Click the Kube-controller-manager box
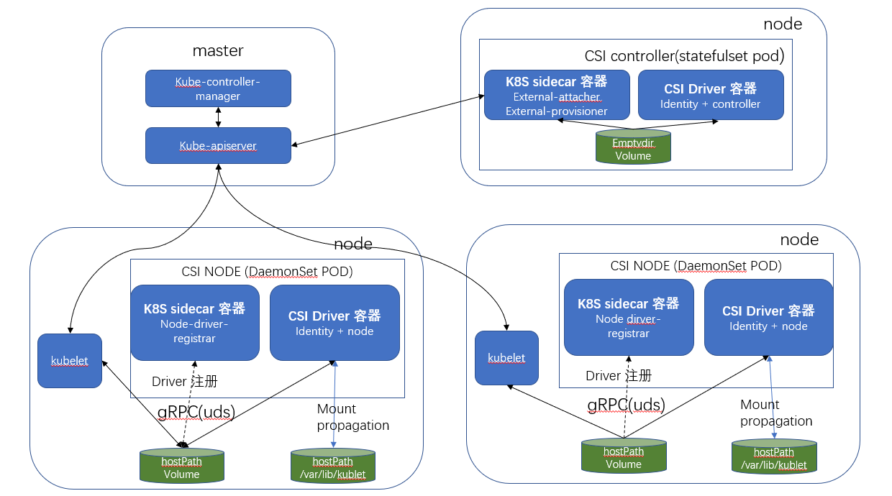point(218,88)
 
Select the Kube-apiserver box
point(218,145)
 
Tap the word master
point(218,51)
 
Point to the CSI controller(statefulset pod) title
point(683,56)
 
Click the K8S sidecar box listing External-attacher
point(556,95)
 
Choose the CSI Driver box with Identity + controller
point(710,95)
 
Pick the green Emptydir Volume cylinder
point(633,147)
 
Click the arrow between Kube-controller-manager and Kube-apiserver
point(218,117)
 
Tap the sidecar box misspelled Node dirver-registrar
point(628,317)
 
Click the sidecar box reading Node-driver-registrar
point(194,322)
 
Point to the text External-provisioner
point(556,111)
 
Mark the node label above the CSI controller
point(782,24)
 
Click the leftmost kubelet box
point(70,361)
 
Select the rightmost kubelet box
point(506,357)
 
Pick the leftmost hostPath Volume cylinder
point(181,465)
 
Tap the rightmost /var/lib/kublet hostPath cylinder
point(773,456)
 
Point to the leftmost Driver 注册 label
point(184,381)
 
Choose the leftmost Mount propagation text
point(352,417)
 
